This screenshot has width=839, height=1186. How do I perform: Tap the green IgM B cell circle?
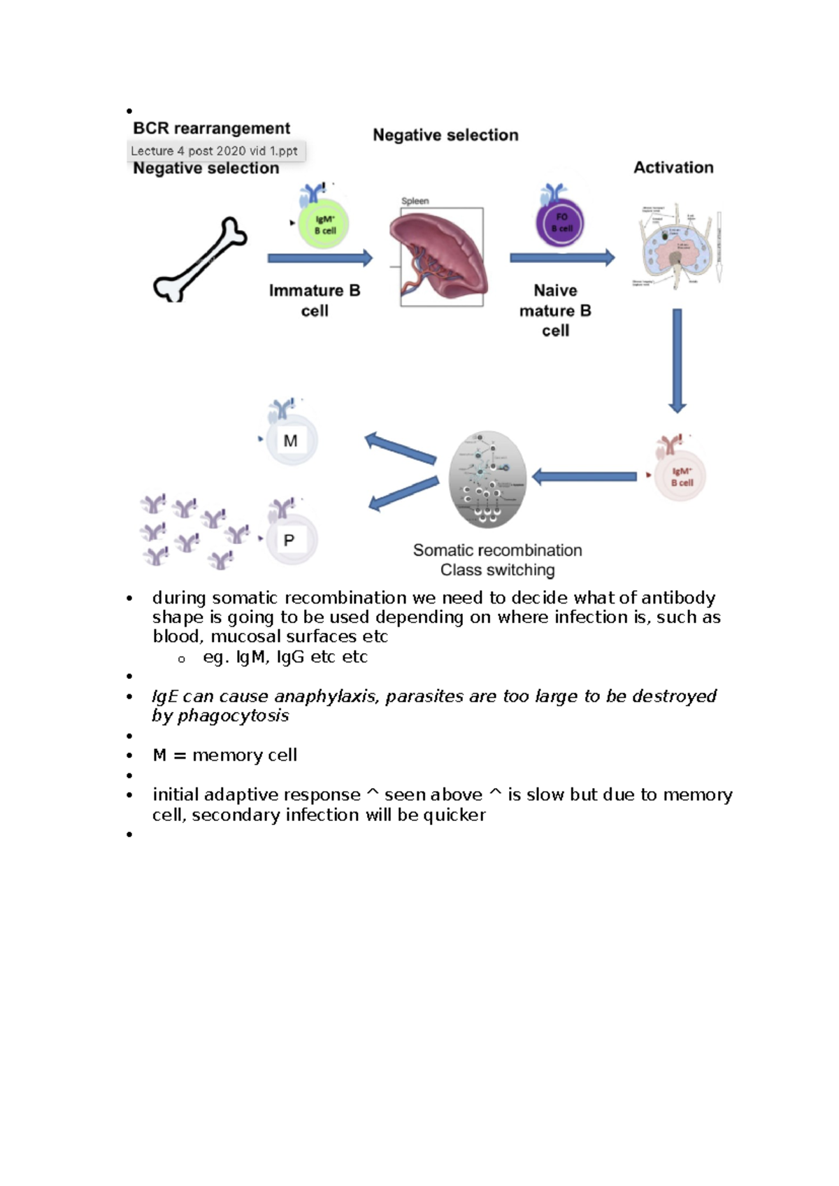324,224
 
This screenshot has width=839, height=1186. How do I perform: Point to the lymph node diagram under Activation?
675,246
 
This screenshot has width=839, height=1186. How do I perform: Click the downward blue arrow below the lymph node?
677,361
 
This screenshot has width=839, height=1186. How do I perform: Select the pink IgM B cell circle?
680,477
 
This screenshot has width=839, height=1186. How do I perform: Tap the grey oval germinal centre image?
487,479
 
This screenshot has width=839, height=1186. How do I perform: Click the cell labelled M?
292,441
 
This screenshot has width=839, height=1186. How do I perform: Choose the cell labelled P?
291,540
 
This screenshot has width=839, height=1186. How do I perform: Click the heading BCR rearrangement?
211,129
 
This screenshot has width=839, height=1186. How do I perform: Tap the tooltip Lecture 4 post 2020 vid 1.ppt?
215,151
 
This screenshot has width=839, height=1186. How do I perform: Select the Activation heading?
673,168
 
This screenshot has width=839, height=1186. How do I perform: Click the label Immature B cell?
315,301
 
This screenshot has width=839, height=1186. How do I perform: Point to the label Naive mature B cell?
555,310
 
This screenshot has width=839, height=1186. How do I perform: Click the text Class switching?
497,571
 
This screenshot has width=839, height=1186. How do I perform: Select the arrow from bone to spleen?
320,259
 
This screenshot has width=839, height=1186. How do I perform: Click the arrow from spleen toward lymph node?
561,258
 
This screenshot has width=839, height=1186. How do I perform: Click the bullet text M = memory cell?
224,755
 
